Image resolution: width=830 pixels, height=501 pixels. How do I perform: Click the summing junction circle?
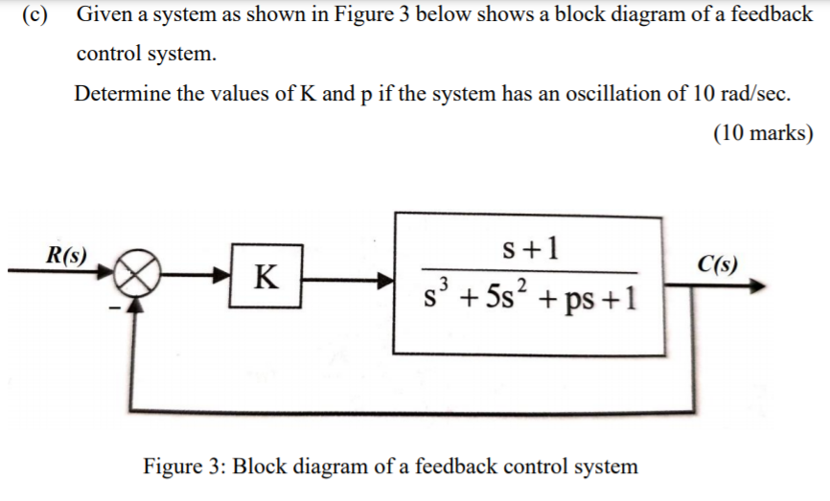tap(140, 278)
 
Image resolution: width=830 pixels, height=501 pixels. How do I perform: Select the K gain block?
tap(265, 279)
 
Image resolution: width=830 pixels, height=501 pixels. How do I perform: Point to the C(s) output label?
tap(717, 263)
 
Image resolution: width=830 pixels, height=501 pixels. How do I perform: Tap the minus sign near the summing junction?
tap(112, 308)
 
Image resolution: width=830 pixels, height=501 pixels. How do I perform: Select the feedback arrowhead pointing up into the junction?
tap(140, 305)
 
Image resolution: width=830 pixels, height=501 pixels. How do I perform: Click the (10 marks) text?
tap(763, 133)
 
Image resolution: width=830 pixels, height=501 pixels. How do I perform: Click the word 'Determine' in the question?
tap(119, 94)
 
